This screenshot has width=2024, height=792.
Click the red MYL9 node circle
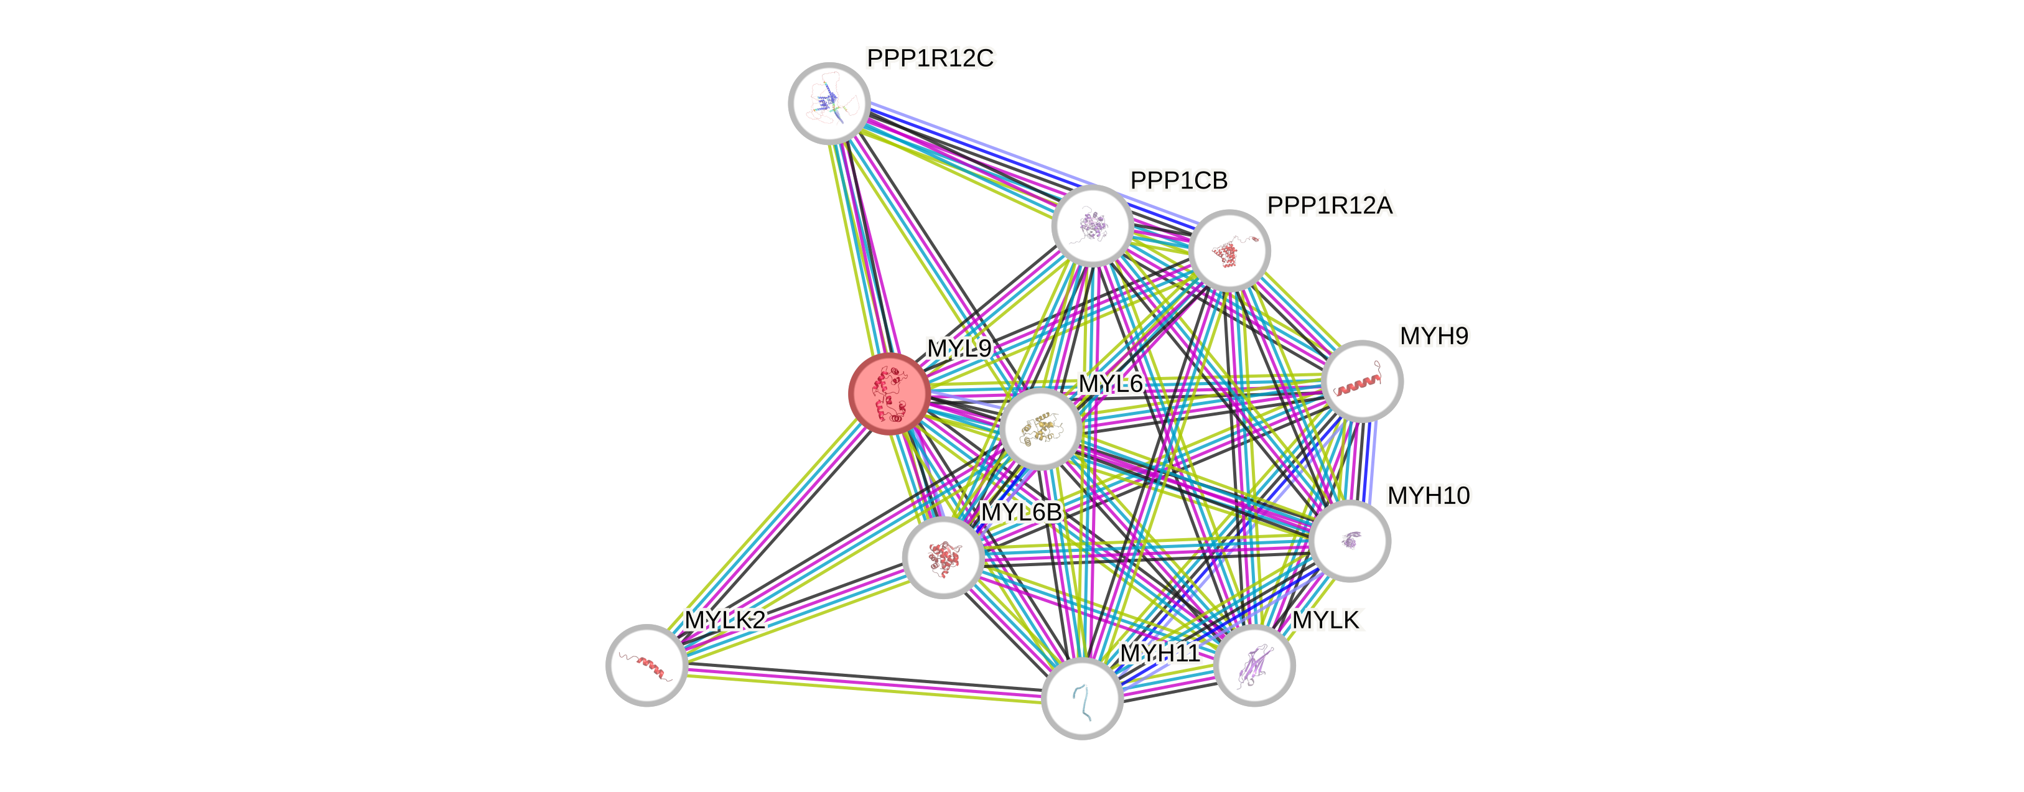coord(890,393)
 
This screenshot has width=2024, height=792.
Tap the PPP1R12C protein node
coord(829,103)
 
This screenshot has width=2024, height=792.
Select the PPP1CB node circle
coord(1092,225)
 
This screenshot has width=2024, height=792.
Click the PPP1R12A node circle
coord(1229,251)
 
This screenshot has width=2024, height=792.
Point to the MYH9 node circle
coord(1361,381)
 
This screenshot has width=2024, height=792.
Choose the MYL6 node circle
coord(1041,428)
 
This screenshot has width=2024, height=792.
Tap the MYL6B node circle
coord(943,557)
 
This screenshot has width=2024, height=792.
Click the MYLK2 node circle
coord(646,664)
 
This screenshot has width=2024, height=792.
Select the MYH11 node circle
coord(1082,697)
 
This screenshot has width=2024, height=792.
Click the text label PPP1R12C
coord(930,58)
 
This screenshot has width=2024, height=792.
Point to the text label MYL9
coord(959,348)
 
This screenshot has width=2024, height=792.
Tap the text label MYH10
coord(1429,496)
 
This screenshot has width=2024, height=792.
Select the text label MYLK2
coord(724,620)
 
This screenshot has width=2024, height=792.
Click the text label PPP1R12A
coord(1330,206)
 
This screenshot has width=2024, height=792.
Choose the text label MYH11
coord(1160,653)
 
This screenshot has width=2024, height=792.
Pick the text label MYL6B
coord(1020,512)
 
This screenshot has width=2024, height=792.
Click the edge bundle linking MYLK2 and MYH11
coord(864,681)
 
